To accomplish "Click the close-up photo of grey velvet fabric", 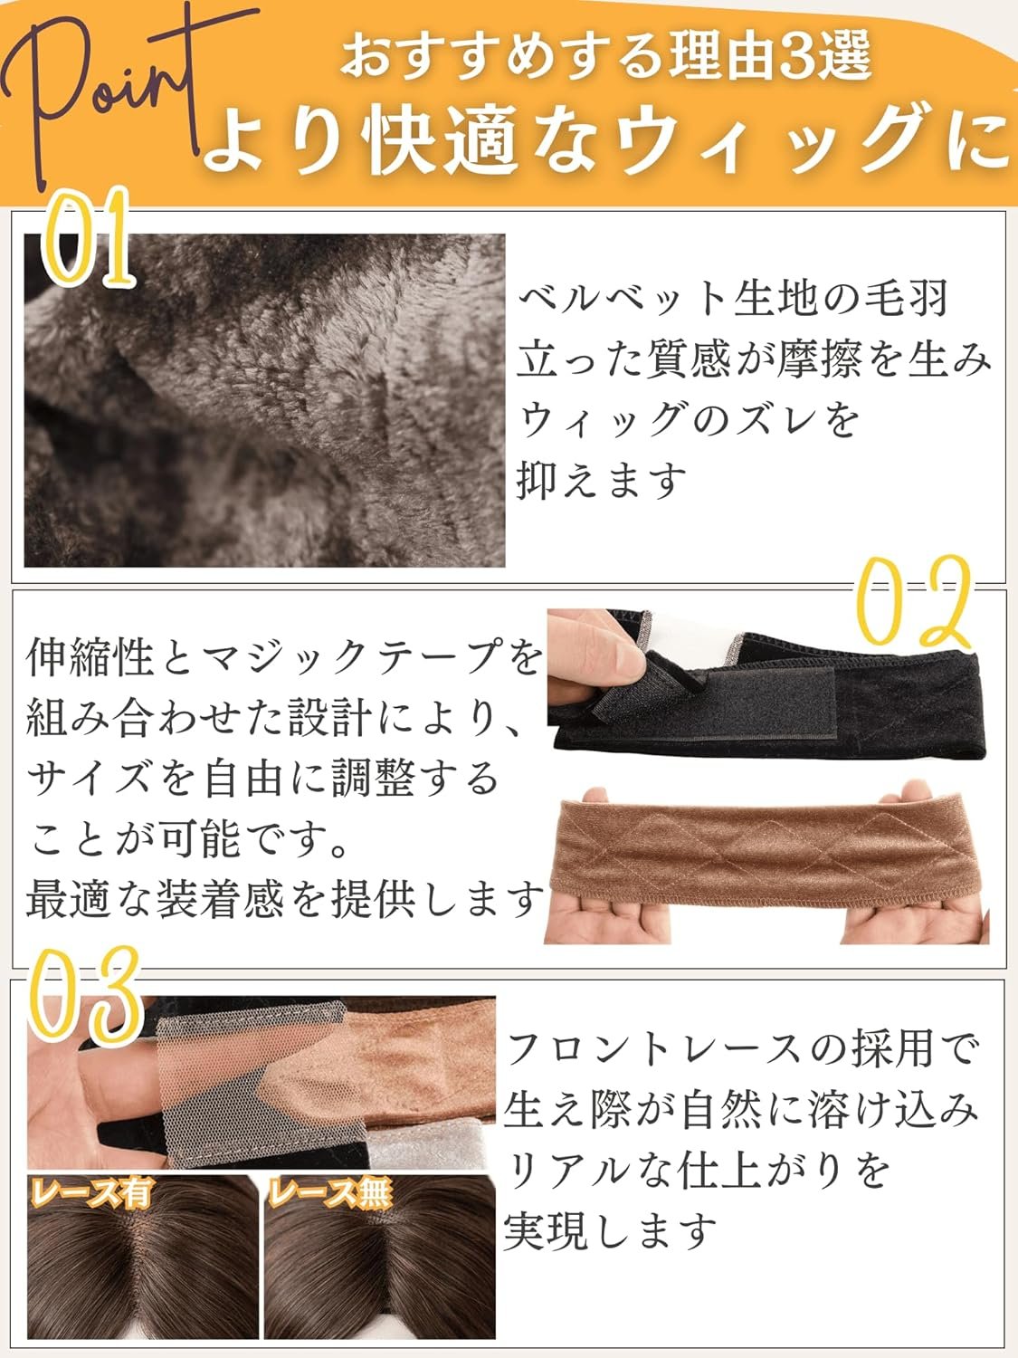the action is (264, 400).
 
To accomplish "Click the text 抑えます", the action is (601, 482).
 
